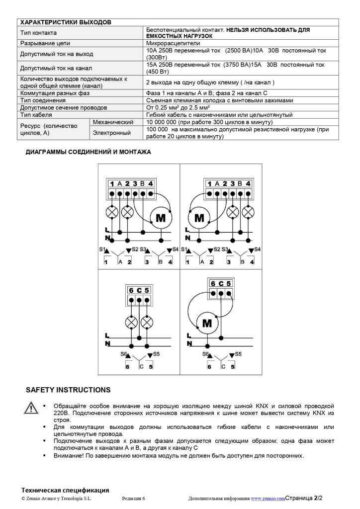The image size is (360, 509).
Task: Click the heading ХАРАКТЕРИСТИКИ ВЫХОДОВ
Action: (x=65, y=22)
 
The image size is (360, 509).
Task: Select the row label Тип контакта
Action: (x=38, y=33)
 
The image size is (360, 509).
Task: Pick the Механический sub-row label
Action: (x=113, y=122)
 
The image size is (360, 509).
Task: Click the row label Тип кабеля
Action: (x=36, y=115)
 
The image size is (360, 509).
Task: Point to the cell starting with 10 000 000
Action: (x=209, y=122)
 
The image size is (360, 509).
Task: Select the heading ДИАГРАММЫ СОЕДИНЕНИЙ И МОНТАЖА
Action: (x=88, y=152)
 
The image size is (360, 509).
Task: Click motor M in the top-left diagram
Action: (x=161, y=218)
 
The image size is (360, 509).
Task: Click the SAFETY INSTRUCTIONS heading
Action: (x=68, y=390)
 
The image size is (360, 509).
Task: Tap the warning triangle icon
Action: (x=31, y=408)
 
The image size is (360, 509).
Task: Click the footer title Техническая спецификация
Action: (x=65, y=490)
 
